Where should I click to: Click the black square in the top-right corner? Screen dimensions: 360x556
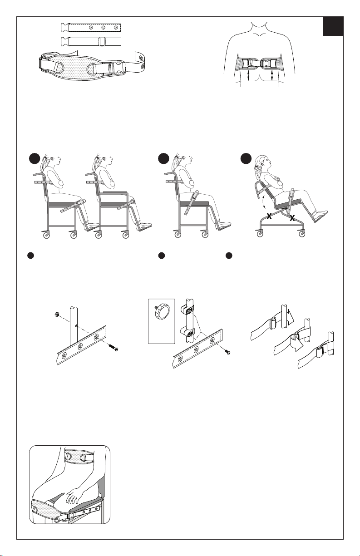[x=333, y=26]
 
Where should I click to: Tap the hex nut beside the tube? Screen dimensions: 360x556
[x=57, y=315]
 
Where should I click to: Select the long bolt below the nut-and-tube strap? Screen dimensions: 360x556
[x=113, y=347]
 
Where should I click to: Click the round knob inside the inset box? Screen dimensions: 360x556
[x=162, y=313]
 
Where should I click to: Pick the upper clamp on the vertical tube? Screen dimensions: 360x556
[x=187, y=310]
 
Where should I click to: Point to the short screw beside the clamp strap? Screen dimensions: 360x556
[x=227, y=351]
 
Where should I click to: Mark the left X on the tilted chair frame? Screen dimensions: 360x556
[x=269, y=216]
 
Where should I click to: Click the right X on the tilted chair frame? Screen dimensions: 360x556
[x=292, y=218]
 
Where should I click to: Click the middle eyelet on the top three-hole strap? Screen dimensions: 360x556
[x=104, y=27]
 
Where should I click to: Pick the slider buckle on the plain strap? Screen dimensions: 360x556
[x=101, y=41]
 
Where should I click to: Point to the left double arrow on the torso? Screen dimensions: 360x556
[x=248, y=75]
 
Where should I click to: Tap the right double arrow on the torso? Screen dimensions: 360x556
[x=272, y=75]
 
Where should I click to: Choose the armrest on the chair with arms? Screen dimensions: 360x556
[x=115, y=192]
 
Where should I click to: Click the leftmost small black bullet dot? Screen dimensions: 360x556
[x=30, y=256]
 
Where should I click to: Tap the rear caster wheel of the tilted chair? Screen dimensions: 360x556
[x=260, y=233]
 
